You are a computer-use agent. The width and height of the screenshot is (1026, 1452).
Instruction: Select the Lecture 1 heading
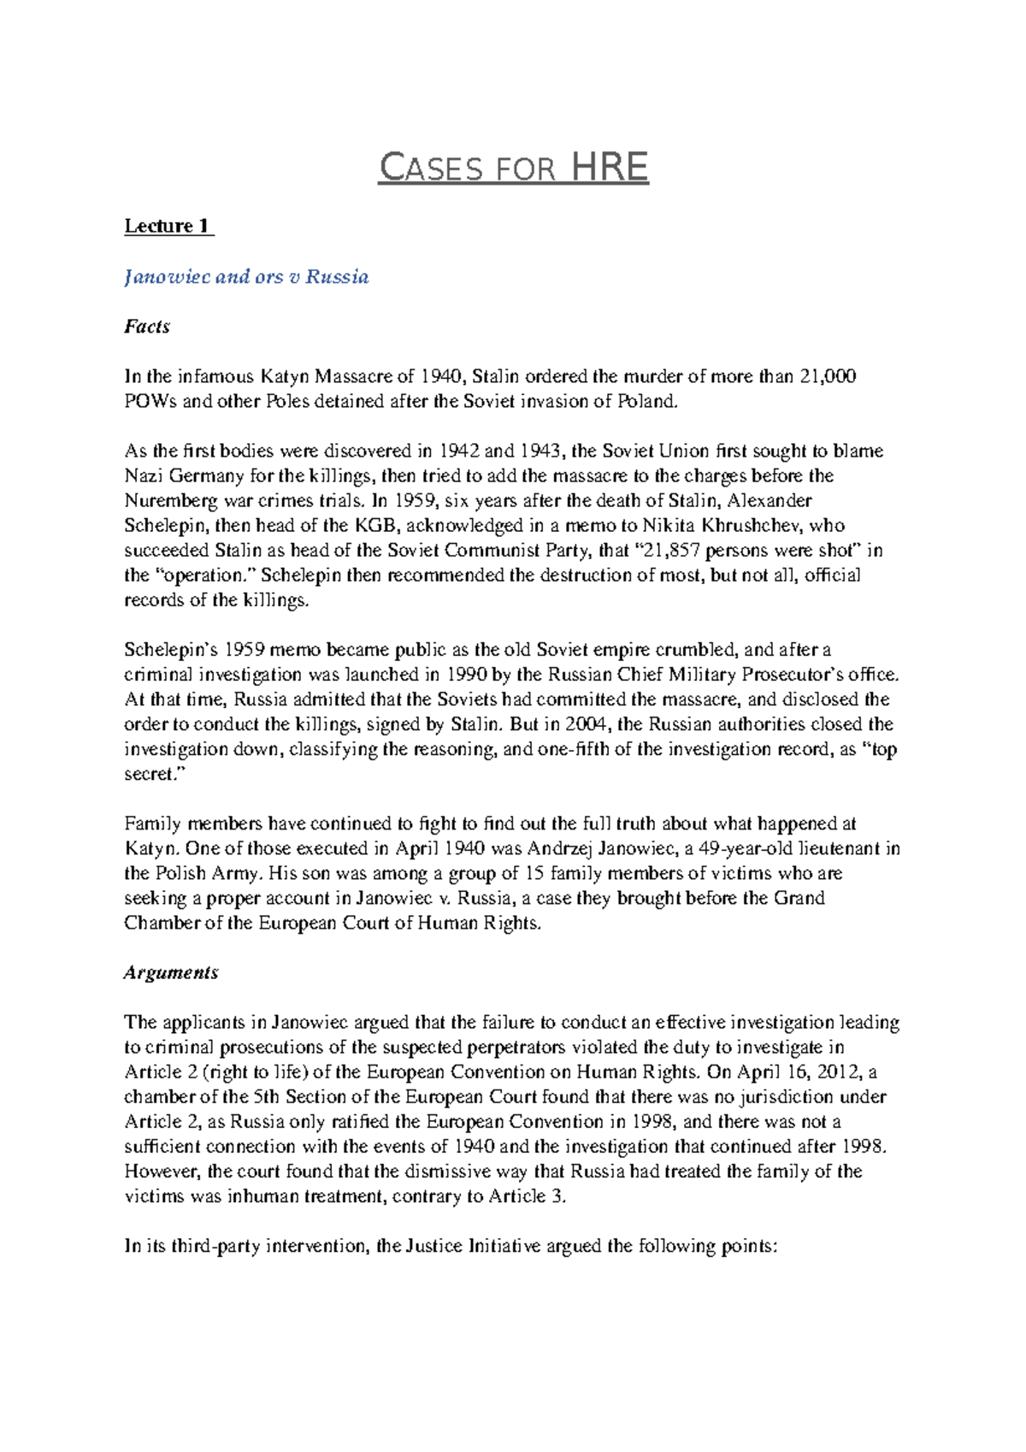click(168, 227)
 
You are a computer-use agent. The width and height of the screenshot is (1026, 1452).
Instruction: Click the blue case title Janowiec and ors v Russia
click(246, 277)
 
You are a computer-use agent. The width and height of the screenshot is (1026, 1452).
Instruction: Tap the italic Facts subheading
click(147, 327)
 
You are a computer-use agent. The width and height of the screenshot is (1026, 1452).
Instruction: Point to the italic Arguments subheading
click(171, 973)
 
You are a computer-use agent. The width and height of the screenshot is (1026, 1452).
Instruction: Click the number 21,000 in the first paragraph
click(827, 376)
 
